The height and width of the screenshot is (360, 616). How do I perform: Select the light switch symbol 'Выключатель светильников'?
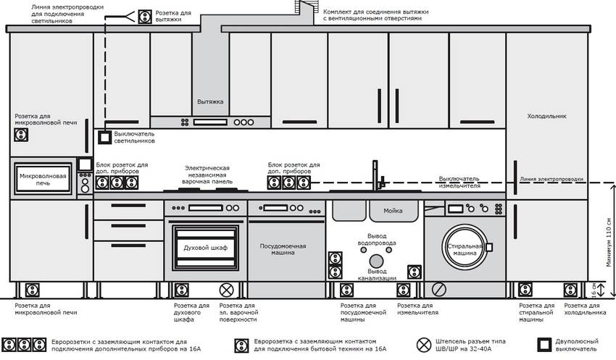(x=104, y=136)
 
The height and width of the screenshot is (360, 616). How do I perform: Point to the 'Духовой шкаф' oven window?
(x=206, y=248)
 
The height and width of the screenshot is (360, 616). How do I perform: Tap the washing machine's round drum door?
(x=461, y=247)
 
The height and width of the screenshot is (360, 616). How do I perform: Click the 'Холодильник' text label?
(x=546, y=116)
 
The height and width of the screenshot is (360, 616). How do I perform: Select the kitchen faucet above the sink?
(x=375, y=176)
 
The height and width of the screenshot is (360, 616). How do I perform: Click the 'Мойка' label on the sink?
(x=394, y=211)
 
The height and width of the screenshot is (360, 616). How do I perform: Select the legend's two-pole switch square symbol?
(x=543, y=344)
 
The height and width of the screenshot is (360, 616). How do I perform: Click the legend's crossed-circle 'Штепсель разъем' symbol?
(x=424, y=344)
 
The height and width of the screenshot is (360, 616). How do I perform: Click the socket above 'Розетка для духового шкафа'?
(x=180, y=290)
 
